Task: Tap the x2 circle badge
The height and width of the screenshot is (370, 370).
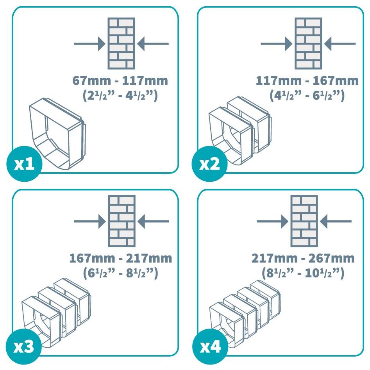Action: [x=209, y=164]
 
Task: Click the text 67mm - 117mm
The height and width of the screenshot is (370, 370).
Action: [x=120, y=81]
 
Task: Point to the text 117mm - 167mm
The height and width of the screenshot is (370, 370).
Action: [x=307, y=81]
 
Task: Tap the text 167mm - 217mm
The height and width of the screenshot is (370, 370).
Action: [x=120, y=259]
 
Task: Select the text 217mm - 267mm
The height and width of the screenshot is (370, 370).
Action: [x=303, y=259]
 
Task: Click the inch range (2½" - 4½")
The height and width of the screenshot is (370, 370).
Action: [x=120, y=96]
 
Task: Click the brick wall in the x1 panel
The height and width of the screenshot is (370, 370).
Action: [x=121, y=43]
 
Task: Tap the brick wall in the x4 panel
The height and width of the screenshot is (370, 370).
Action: [x=304, y=222]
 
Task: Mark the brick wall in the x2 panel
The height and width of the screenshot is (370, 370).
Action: [x=308, y=43]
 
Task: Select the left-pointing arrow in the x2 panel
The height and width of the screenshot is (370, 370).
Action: [x=340, y=44]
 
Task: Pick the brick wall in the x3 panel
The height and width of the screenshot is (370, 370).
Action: [x=122, y=222]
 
